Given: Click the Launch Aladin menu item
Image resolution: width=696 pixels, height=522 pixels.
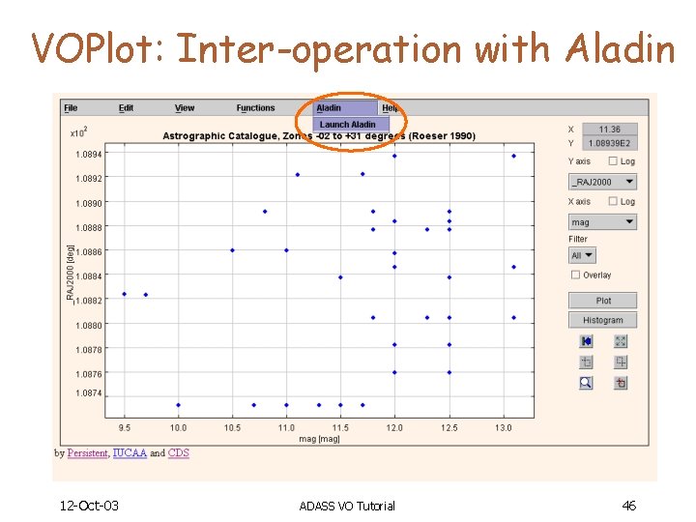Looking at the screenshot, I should click(348, 125).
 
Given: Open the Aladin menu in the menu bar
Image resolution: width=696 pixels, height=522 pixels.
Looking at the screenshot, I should click(330, 108).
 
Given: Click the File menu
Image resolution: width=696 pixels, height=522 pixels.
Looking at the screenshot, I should click(71, 108).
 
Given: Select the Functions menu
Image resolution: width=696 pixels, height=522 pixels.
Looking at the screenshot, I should click(255, 108).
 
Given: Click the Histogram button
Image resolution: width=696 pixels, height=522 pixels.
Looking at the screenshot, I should click(602, 320).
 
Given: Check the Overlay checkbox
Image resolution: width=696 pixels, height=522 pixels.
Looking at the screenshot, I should click(575, 275).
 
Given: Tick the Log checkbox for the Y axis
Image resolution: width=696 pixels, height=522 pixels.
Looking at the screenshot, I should click(612, 161).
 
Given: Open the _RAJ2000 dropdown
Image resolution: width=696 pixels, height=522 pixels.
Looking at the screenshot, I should click(602, 182).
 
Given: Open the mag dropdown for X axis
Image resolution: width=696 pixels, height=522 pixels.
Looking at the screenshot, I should click(602, 222).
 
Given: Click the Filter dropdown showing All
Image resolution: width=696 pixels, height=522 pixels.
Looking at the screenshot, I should click(582, 255).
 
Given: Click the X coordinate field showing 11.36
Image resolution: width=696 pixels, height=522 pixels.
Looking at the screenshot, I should click(609, 130).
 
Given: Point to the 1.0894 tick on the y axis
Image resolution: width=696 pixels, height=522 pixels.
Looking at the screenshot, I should click(89, 154).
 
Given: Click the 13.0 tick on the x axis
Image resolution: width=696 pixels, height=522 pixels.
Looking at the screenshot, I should click(504, 426).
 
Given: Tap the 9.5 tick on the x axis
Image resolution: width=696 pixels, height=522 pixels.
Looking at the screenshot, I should click(125, 426).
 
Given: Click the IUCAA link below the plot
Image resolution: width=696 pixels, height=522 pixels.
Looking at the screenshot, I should click(130, 452).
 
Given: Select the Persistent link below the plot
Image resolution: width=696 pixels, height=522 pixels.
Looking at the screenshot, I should click(87, 452).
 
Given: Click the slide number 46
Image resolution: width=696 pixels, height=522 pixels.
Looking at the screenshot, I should click(628, 506).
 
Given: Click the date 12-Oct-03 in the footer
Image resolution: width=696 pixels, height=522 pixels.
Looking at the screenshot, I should click(88, 506).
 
